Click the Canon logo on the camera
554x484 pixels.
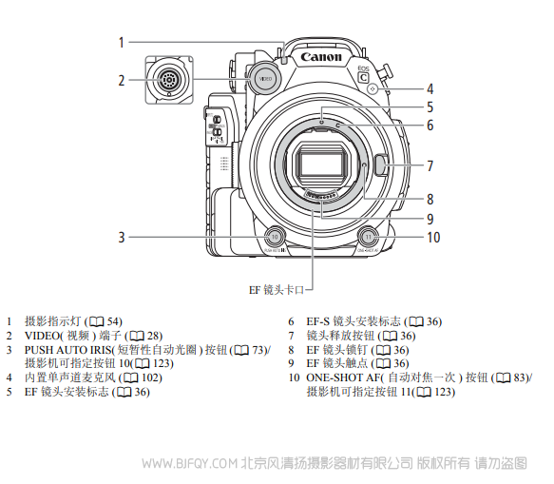click(x=321, y=56)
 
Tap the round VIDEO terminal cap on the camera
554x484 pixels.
click(x=265, y=79)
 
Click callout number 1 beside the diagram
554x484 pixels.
click(x=122, y=42)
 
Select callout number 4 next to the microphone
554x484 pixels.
click(x=430, y=88)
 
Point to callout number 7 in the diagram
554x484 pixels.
click(x=430, y=165)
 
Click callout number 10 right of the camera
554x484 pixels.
click(x=433, y=237)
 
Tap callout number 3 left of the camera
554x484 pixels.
click(x=122, y=237)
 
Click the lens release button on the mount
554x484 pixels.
click(x=382, y=165)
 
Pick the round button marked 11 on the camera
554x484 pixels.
click(x=368, y=237)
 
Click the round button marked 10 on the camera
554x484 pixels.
click(x=275, y=237)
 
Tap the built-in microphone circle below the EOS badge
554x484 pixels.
click(x=373, y=88)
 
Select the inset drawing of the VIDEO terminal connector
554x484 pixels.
click(x=169, y=80)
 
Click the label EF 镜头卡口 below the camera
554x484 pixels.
click(x=277, y=290)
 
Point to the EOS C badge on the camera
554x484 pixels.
click(x=363, y=74)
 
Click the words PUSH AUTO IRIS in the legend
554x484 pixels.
click(x=67, y=350)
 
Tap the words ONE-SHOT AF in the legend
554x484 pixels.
click(x=342, y=378)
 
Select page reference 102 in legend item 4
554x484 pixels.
click(x=150, y=378)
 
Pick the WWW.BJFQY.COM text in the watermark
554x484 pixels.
click(x=189, y=463)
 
